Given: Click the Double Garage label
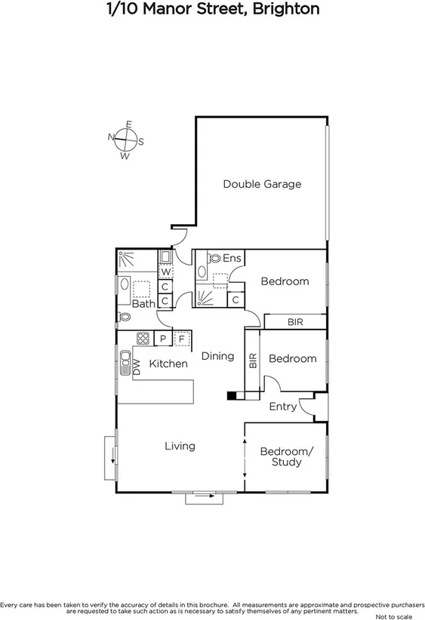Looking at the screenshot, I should pyautogui.click(x=262, y=184).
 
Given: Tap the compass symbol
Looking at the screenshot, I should pyautogui.click(x=125, y=140).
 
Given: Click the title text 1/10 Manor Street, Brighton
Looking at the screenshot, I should pyautogui.click(x=212, y=10).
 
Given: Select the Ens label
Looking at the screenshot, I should pyautogui.click(x=232, y=259).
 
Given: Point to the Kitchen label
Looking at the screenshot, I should pyautogui.click(x=168, y=364).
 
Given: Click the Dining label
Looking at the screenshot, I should pyautogui.click(x=217, y=356).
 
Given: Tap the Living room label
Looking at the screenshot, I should pyautogui.click(x=180, y=446).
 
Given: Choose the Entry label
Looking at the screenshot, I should pyautogui.click(x=283, y=407).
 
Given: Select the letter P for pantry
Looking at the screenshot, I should pyautogui.click(x=162, y=339).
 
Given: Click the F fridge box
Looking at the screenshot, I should pyautogui.click(x=181, y=339).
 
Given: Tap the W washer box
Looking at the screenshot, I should pyautogui.click(x=165, y=272).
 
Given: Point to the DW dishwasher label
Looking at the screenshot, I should pyautogui.click(x=137, y=367).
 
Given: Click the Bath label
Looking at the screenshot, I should pyautogui.click(x=143, y=304).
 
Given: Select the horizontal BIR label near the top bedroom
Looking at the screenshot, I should pyautogui.click(x=295, y=322).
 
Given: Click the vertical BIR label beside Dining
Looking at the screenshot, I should pyautogui.click(x=253, y=361).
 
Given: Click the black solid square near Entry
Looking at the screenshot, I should pyautogui.click(x=233, y=394).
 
